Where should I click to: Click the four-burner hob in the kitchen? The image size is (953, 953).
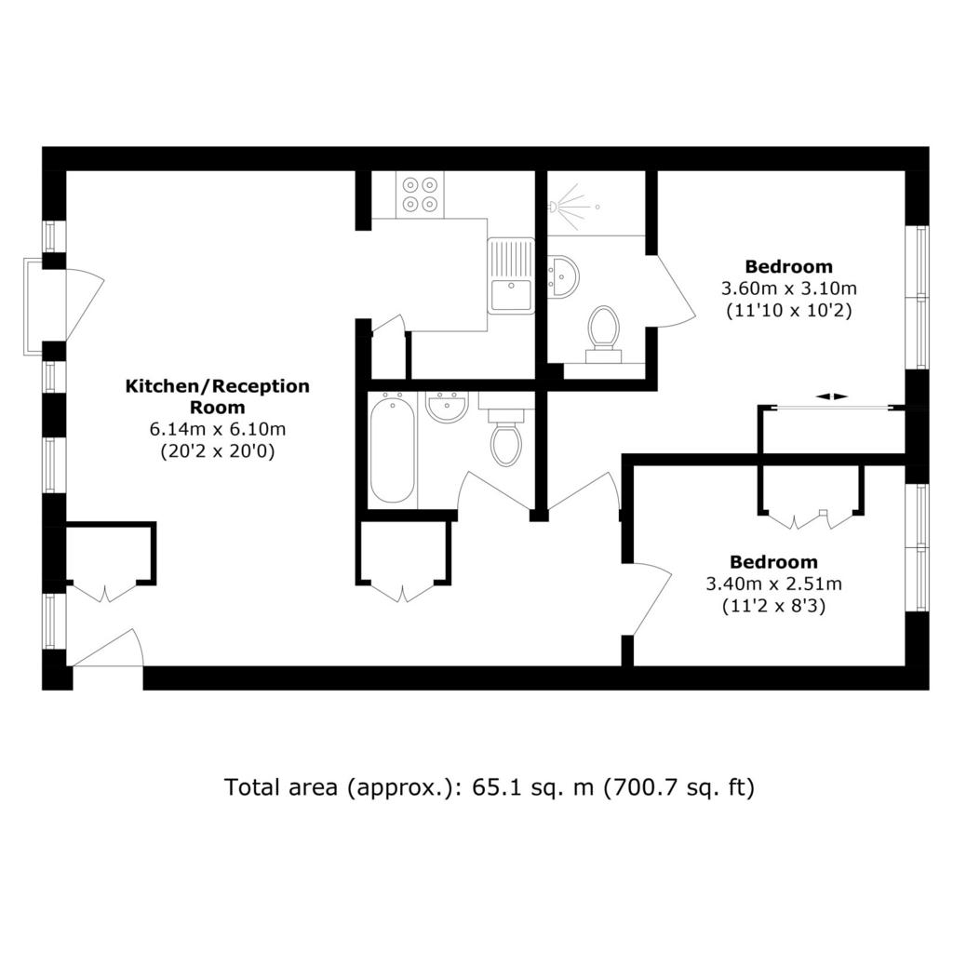click(x=420, y=194)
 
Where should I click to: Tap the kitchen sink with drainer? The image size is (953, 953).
click(x=511, y=275)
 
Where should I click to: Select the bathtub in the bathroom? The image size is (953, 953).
click(x=393, y=448)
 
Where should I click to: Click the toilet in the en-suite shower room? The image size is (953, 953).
click(x=603, y=334)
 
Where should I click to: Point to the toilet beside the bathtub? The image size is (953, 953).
click(x=505, y=435)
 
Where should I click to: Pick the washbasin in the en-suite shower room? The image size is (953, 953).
click(x=563, y=277)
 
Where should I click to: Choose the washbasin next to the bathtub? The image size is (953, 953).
click(x=447, y=406)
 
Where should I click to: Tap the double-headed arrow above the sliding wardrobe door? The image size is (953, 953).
click(x=831, y=396)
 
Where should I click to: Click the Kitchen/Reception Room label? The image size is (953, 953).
click(x=217, y=396)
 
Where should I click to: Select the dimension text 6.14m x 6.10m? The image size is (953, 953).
click(x=218, y=429)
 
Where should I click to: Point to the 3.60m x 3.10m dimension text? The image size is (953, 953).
click(x=789, y=288)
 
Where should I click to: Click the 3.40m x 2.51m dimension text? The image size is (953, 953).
click(x=773, y=584)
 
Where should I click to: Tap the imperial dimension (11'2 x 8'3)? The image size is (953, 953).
click(x=773, y=606)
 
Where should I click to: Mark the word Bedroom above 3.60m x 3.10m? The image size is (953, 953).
click(x=789, y=266)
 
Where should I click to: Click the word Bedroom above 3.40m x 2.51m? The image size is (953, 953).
click(x=773, y=562)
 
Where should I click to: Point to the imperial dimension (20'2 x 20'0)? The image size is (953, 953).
click(x=218, y=451)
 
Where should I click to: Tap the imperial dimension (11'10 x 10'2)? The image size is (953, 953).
click(x=789, y=310)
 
